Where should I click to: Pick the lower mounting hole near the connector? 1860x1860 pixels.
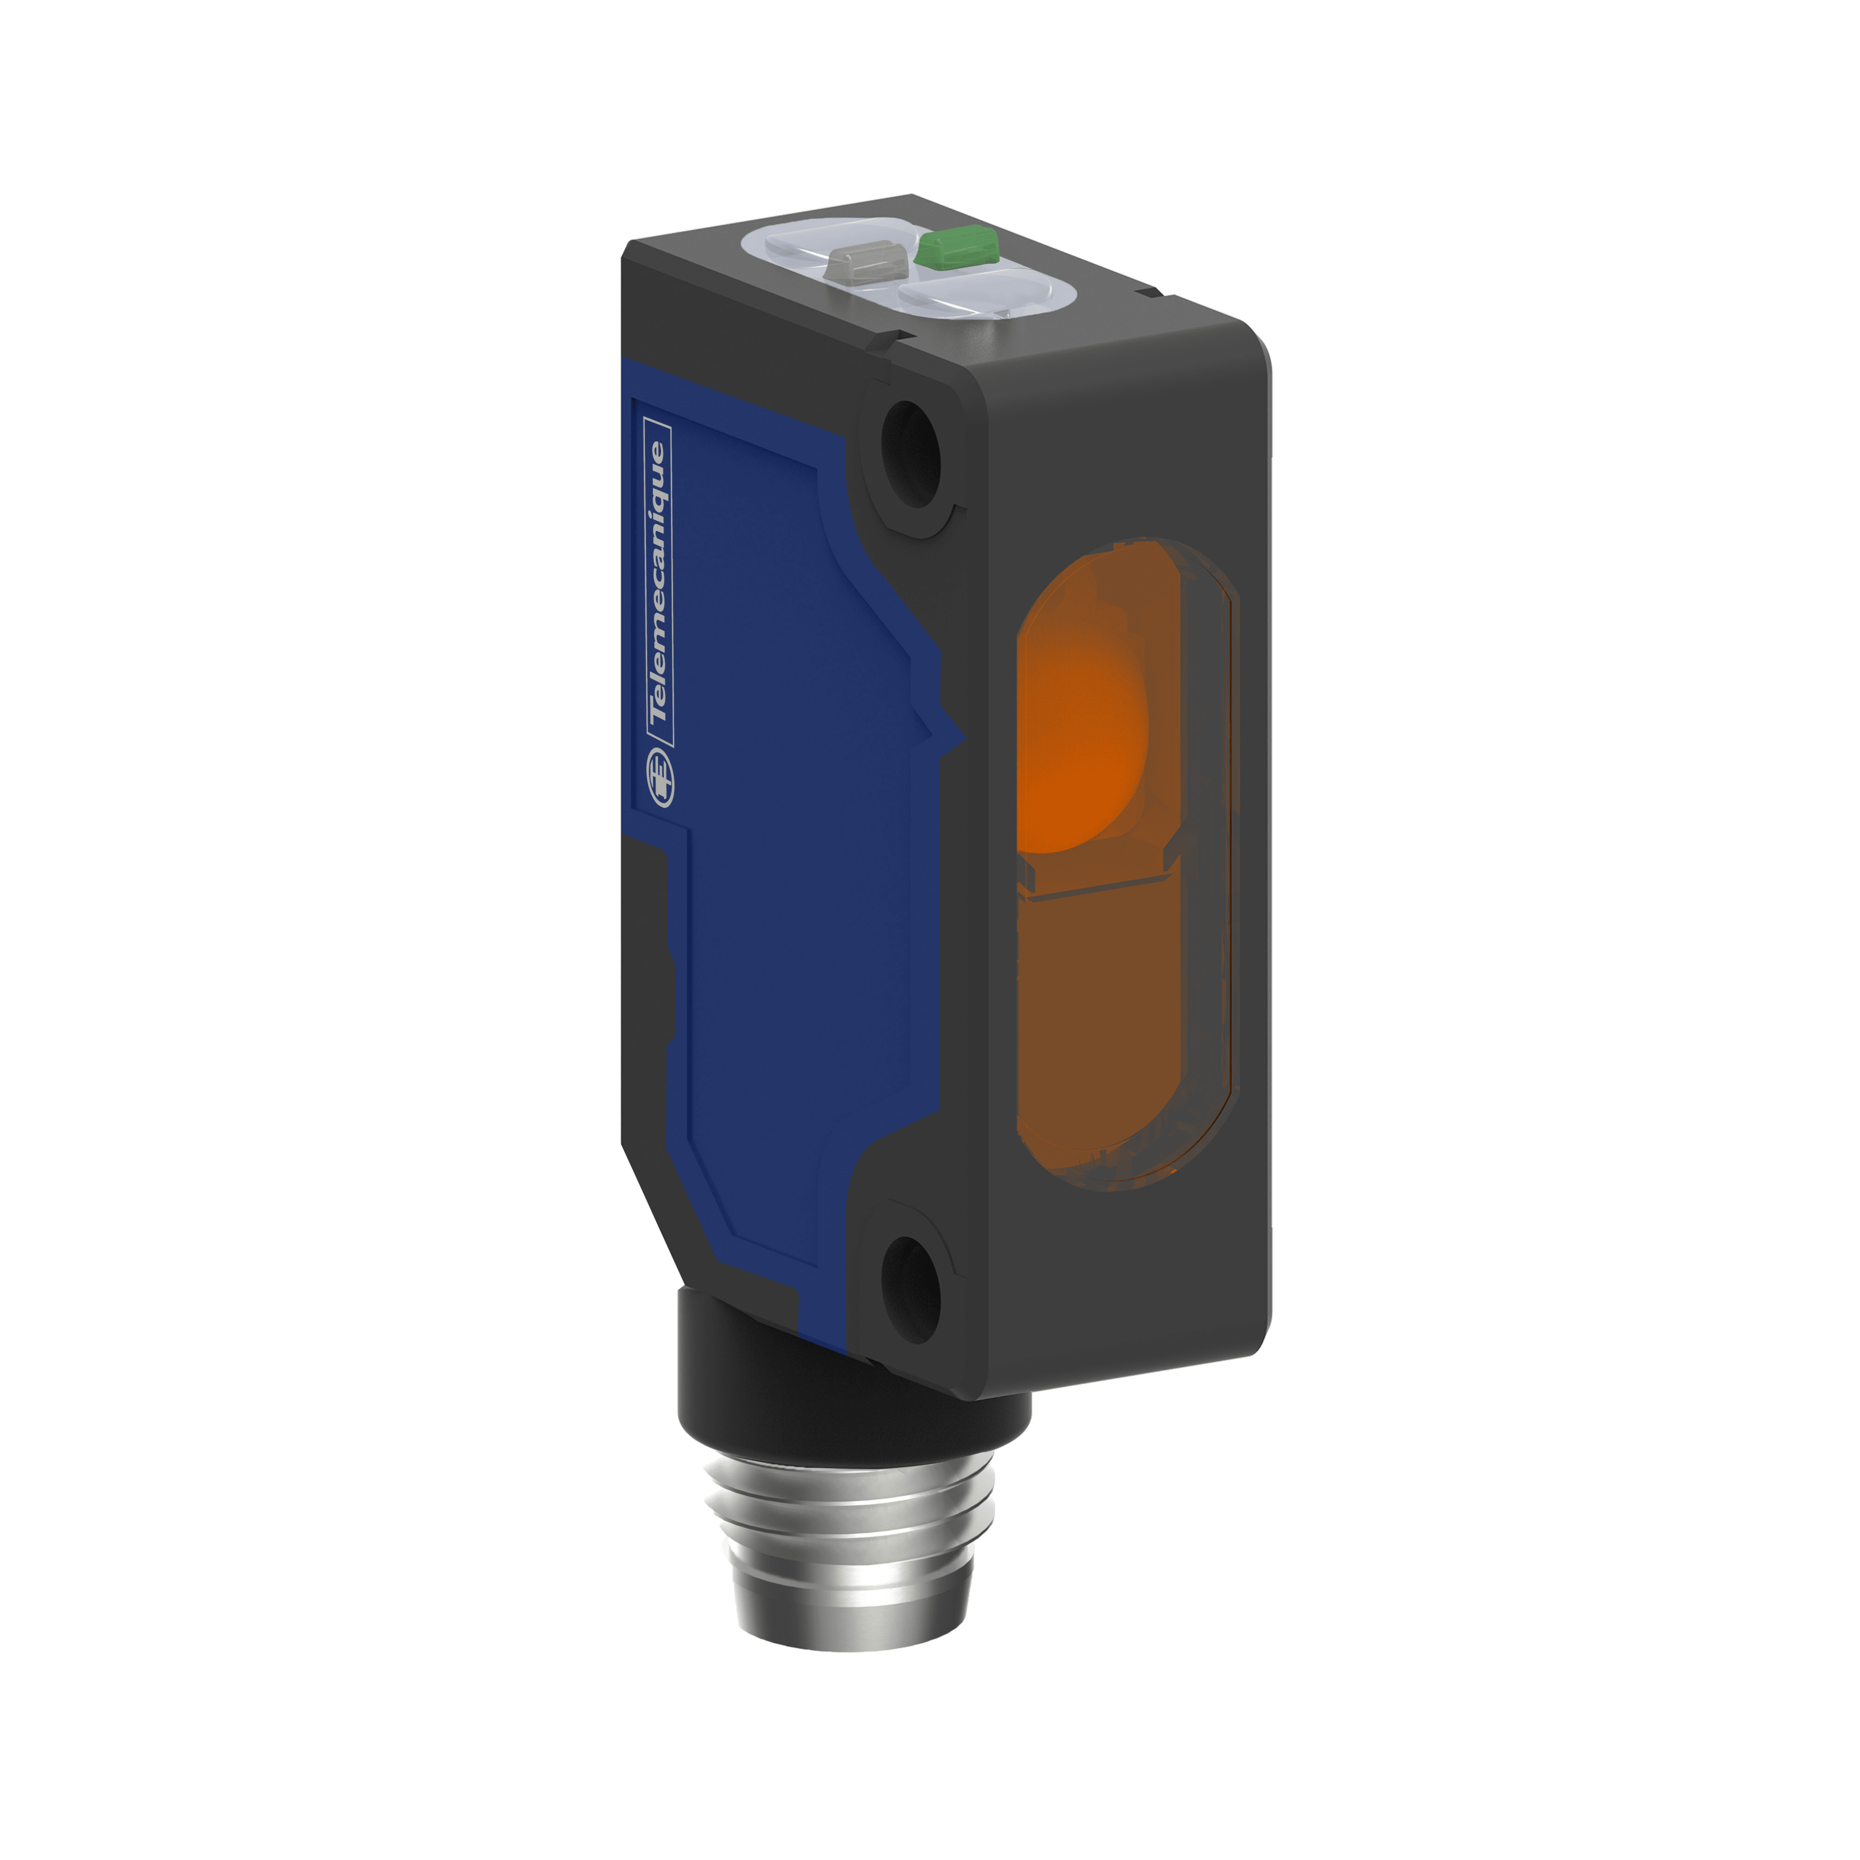910,1289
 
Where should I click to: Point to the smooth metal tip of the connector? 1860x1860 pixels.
847,1617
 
